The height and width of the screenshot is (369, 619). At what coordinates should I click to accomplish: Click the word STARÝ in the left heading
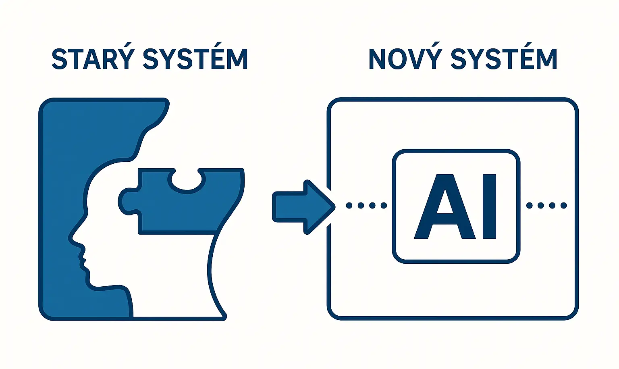92,59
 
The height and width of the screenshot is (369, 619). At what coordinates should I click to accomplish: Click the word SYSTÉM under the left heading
195,59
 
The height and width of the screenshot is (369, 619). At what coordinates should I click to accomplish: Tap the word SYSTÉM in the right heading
504,59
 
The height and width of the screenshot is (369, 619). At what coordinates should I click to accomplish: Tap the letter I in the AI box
489,206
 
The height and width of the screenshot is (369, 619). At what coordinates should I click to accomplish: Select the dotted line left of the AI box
366,206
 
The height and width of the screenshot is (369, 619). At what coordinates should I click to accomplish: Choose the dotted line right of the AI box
546,206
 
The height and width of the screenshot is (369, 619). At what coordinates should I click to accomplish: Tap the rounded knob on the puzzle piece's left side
126,200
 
